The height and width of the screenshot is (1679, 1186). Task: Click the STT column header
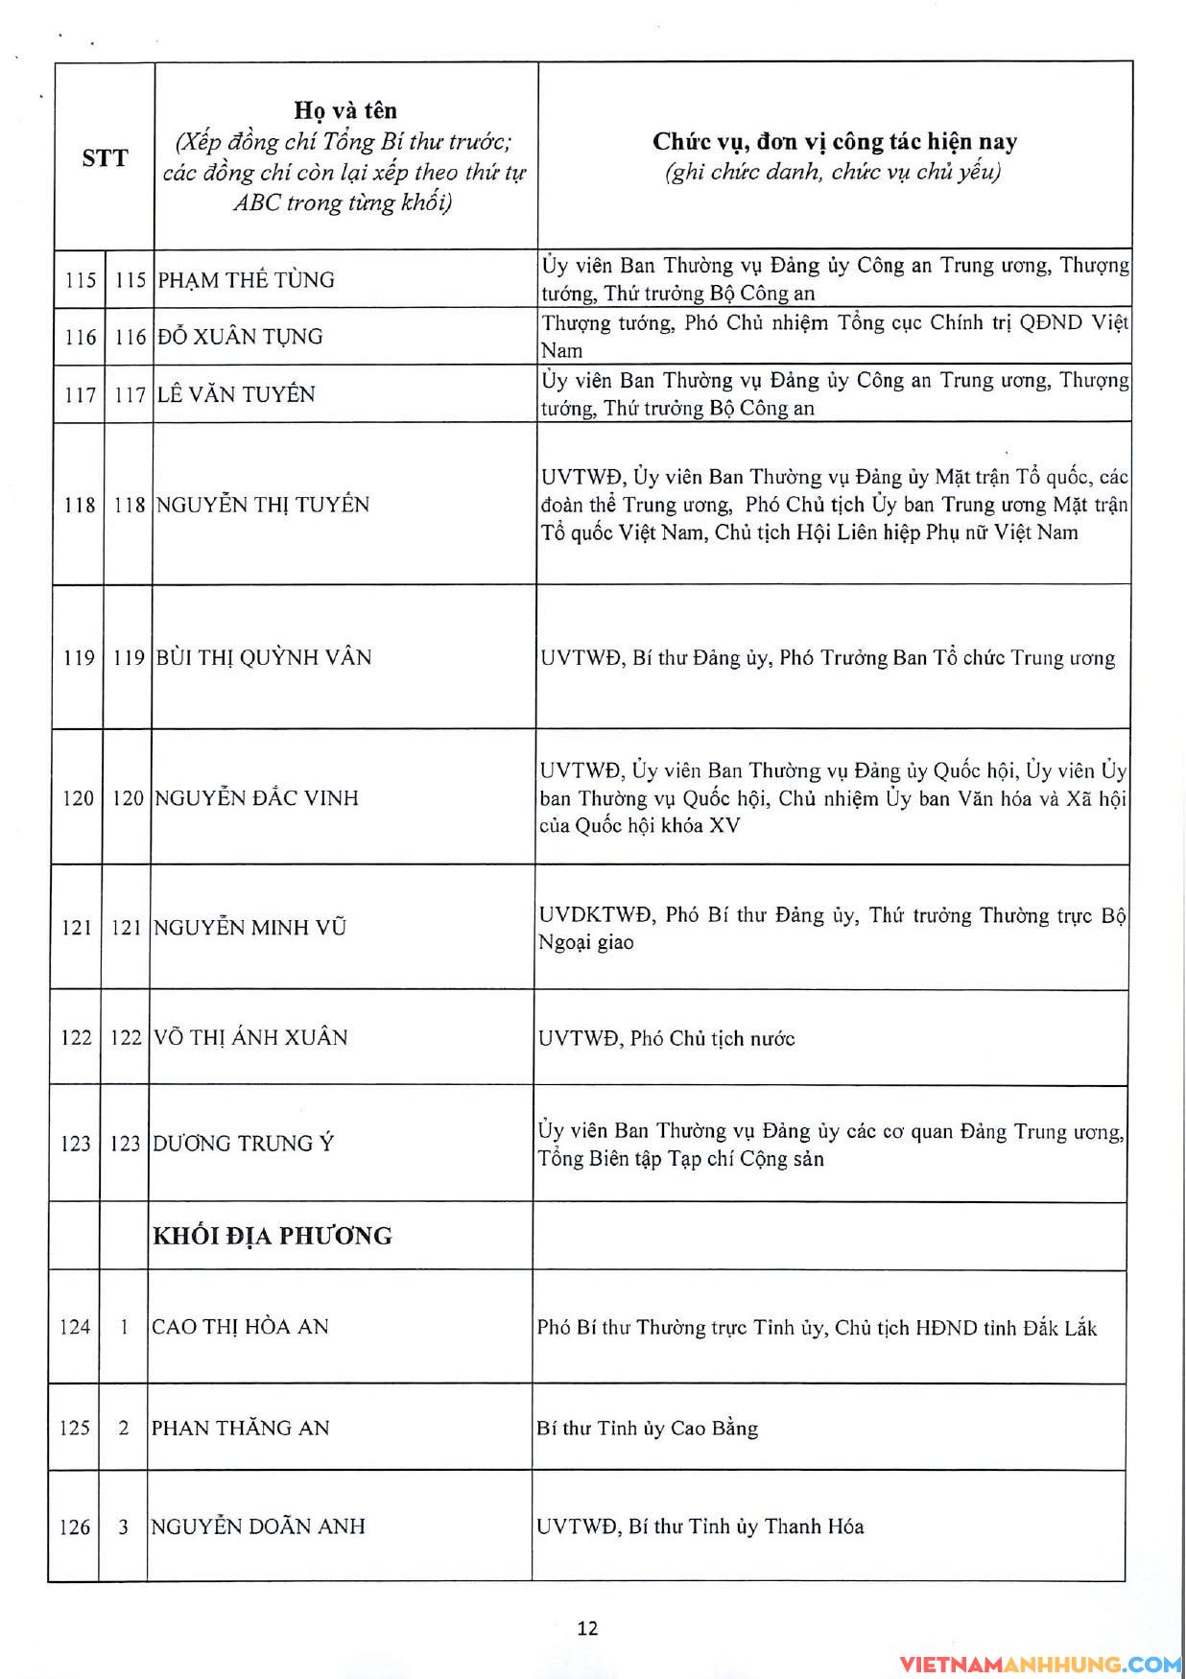tap(105, 158)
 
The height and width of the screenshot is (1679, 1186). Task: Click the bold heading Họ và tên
tap(345, 110)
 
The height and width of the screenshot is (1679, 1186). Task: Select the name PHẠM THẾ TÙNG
tap(246, 280)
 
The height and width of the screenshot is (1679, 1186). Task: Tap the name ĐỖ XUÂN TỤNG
tap(240, 337)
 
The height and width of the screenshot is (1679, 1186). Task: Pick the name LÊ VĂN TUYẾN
tap(236, 394)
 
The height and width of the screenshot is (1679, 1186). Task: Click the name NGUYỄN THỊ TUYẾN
tap(262, 505)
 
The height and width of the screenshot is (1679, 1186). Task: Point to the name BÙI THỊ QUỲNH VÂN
tap(263, 657)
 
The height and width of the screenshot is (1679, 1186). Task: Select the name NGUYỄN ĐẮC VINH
tap(256, 798)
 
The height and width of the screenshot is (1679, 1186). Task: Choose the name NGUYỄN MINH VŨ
tap(249, 928)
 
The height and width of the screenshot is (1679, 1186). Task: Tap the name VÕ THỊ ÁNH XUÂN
tap(249, 1037)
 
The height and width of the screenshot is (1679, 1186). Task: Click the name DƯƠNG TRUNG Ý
tap(243, 1144)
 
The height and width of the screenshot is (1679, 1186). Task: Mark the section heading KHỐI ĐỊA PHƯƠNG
tap(273, 1236)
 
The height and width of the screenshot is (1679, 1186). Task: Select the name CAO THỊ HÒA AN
tap(240, 1327)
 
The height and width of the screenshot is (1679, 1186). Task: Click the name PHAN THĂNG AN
tap(240, 1428)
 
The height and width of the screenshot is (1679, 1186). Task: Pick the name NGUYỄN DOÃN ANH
tap(258, 1526)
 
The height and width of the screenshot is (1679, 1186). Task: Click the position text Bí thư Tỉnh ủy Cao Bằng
tap(648, 1429)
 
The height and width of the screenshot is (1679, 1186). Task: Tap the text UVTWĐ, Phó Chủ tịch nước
tap(667, 1038)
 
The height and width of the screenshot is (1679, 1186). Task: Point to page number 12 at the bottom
tap(588, 1628)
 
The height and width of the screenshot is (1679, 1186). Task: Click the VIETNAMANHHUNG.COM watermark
tap(1040, 1665)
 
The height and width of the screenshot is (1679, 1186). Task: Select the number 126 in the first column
tap(75, 1527)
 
